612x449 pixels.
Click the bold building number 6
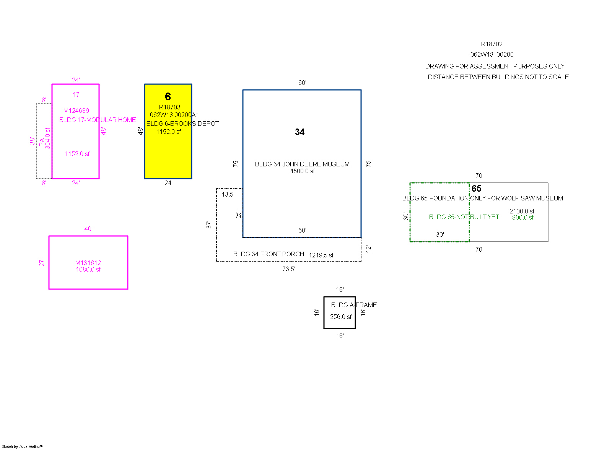click(168, 96)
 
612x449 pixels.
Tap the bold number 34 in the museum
click(299, 132)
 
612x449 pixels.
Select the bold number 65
click(476, 189)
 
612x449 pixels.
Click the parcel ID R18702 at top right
click(492, 44)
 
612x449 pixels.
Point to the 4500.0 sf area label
click(302, 171)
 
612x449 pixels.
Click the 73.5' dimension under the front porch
click(288, 269)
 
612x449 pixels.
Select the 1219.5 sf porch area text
click(321, 255)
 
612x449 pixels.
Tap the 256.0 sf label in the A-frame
click(340, 317)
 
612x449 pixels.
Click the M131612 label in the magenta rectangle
click(88, 263)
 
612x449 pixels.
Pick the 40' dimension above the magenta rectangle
click(88, 229)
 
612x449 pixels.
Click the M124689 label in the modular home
click(76, 111)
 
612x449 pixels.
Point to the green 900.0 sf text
click(522, 217)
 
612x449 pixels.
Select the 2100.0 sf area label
click(522, 211)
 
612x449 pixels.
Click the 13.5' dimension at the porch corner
click(228, 194)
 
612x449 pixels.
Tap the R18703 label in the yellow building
click(169, 107)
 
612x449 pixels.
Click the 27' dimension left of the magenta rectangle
click(42, 262)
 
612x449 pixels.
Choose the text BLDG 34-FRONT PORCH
click(269, 254)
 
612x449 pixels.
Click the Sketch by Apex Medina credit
click(23, 446)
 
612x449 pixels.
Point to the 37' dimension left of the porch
click(209, 224)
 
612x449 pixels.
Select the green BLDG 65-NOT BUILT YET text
click(464, 217)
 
